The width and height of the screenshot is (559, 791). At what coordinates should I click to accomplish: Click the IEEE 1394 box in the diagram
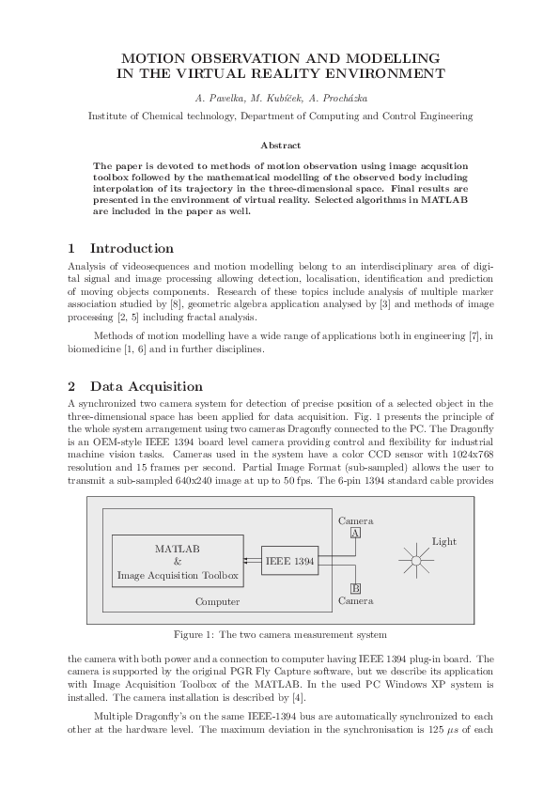pos(289,561)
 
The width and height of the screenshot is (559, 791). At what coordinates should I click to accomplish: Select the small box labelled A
pos(355,533)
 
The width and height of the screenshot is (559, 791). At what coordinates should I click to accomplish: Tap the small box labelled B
pos(355,589)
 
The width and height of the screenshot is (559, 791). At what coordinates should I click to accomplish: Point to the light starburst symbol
pos(413,561)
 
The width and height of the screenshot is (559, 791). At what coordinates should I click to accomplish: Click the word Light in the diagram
pos(444,541)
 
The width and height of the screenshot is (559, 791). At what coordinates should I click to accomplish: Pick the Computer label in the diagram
pos(217,601)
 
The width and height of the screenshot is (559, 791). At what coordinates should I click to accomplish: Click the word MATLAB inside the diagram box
pos(178,548)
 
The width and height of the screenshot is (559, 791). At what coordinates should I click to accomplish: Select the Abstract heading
pos(280,146)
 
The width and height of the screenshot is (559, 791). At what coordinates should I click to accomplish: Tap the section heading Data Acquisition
pos(146,386)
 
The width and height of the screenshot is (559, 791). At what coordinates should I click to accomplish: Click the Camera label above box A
pos(355,520)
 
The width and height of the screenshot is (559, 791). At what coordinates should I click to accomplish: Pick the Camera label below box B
pos(355,601)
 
